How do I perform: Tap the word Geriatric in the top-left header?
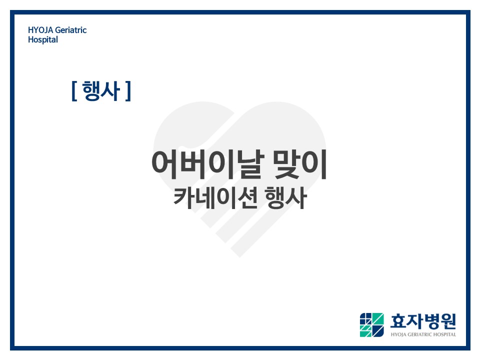[x=71, y=30]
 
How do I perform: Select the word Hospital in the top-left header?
[x=43, y=40]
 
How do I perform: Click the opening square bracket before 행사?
[x=74, y=91]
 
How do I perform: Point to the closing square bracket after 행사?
[x=128, y=91]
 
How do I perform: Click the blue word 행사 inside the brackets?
[x=101, y=91]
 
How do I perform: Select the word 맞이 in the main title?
[x=300, y=164]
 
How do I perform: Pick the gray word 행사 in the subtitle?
[x=285, y=198]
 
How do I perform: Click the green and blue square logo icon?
[x=371, y=325]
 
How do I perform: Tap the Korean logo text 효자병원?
[x=423, y=321]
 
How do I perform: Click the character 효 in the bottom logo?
[x=398, y=321]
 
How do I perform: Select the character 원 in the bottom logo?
[x=448, y=321]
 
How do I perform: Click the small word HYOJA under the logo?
[x=398, y=334]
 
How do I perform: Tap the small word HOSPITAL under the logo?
[x=444, y=334]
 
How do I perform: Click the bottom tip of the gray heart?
[x=239, y=257]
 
